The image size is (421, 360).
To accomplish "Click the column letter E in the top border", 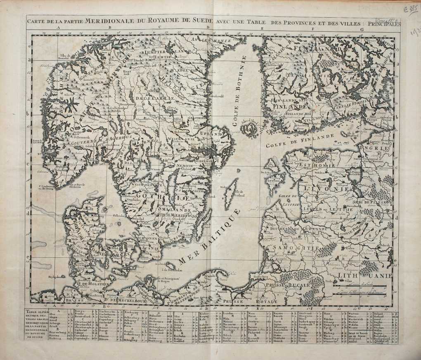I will [x=263, y=29].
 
